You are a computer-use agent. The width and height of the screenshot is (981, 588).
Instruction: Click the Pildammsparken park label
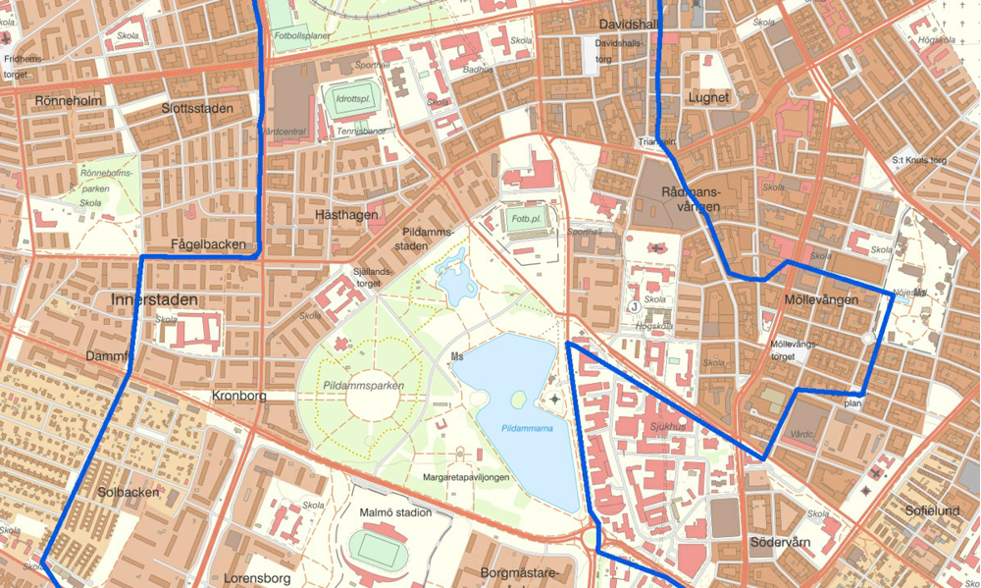tap(362, 386)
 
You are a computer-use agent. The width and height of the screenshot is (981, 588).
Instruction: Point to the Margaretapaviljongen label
tap(466, 477)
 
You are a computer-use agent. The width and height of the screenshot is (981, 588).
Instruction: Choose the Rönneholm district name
tap(68, 100)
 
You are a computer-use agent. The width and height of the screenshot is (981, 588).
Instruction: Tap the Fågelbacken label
tap(208, 244)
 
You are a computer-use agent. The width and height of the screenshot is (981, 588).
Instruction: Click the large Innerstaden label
tap(155, 298)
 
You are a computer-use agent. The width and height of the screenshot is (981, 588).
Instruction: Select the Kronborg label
tap(239, 397)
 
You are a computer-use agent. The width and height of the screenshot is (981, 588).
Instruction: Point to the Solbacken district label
tap(129, 492)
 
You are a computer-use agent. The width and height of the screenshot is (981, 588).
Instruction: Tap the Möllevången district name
tap(822, 299)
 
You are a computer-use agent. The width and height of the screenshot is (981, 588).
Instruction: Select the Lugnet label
tap(708, 97)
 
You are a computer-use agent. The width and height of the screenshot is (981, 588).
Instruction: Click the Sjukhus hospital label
tap(667, 429)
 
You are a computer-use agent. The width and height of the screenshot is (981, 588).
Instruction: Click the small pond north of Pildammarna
tap(455, 284)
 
